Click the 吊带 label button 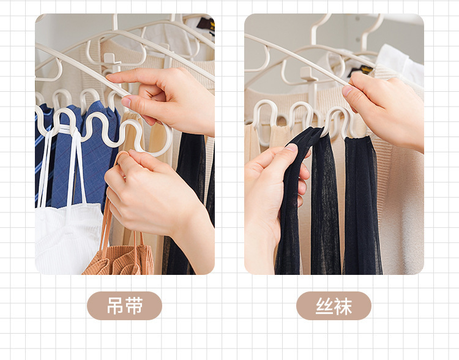point(124,306)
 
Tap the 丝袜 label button point(334,306)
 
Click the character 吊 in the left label point(115,306)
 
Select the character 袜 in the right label point(343,306)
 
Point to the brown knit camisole point(120,259)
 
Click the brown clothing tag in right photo point(361,70)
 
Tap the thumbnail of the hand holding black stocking point(292,148)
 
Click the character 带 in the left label point(134,306)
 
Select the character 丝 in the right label point(324,306)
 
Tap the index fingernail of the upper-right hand point(347,91)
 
